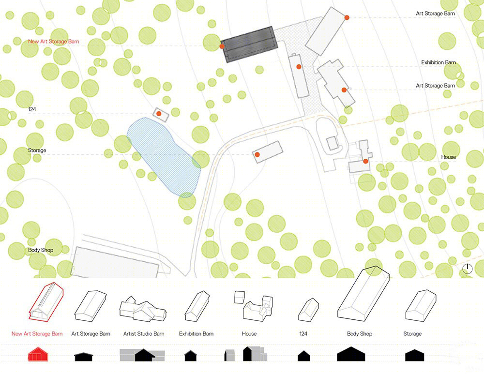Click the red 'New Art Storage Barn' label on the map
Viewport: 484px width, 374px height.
point(53,41)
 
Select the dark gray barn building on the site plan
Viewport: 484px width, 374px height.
point(249,45)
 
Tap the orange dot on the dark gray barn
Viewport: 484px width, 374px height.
point(222,46)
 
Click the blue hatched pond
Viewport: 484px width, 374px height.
point(164,156)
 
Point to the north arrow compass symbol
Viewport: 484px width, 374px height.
point(468,269)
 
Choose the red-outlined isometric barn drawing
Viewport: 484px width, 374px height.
point(46,302)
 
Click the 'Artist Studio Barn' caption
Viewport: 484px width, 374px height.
point(144,333)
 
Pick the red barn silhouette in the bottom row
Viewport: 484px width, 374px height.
point(38,354)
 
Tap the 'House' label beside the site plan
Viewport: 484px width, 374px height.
point(448,157)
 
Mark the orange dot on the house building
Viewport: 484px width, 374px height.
point(365,161)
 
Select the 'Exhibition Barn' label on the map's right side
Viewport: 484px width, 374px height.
point(439,62)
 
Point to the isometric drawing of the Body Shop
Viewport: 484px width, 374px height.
point(363,294)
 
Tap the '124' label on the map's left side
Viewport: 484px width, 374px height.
point(32,109)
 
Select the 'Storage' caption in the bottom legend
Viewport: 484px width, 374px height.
point(412,333)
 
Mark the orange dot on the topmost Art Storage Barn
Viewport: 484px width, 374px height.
point(347,17)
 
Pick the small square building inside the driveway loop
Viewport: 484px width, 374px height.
point(333,143)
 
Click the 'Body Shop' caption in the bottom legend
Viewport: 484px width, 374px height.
point(360,333)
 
